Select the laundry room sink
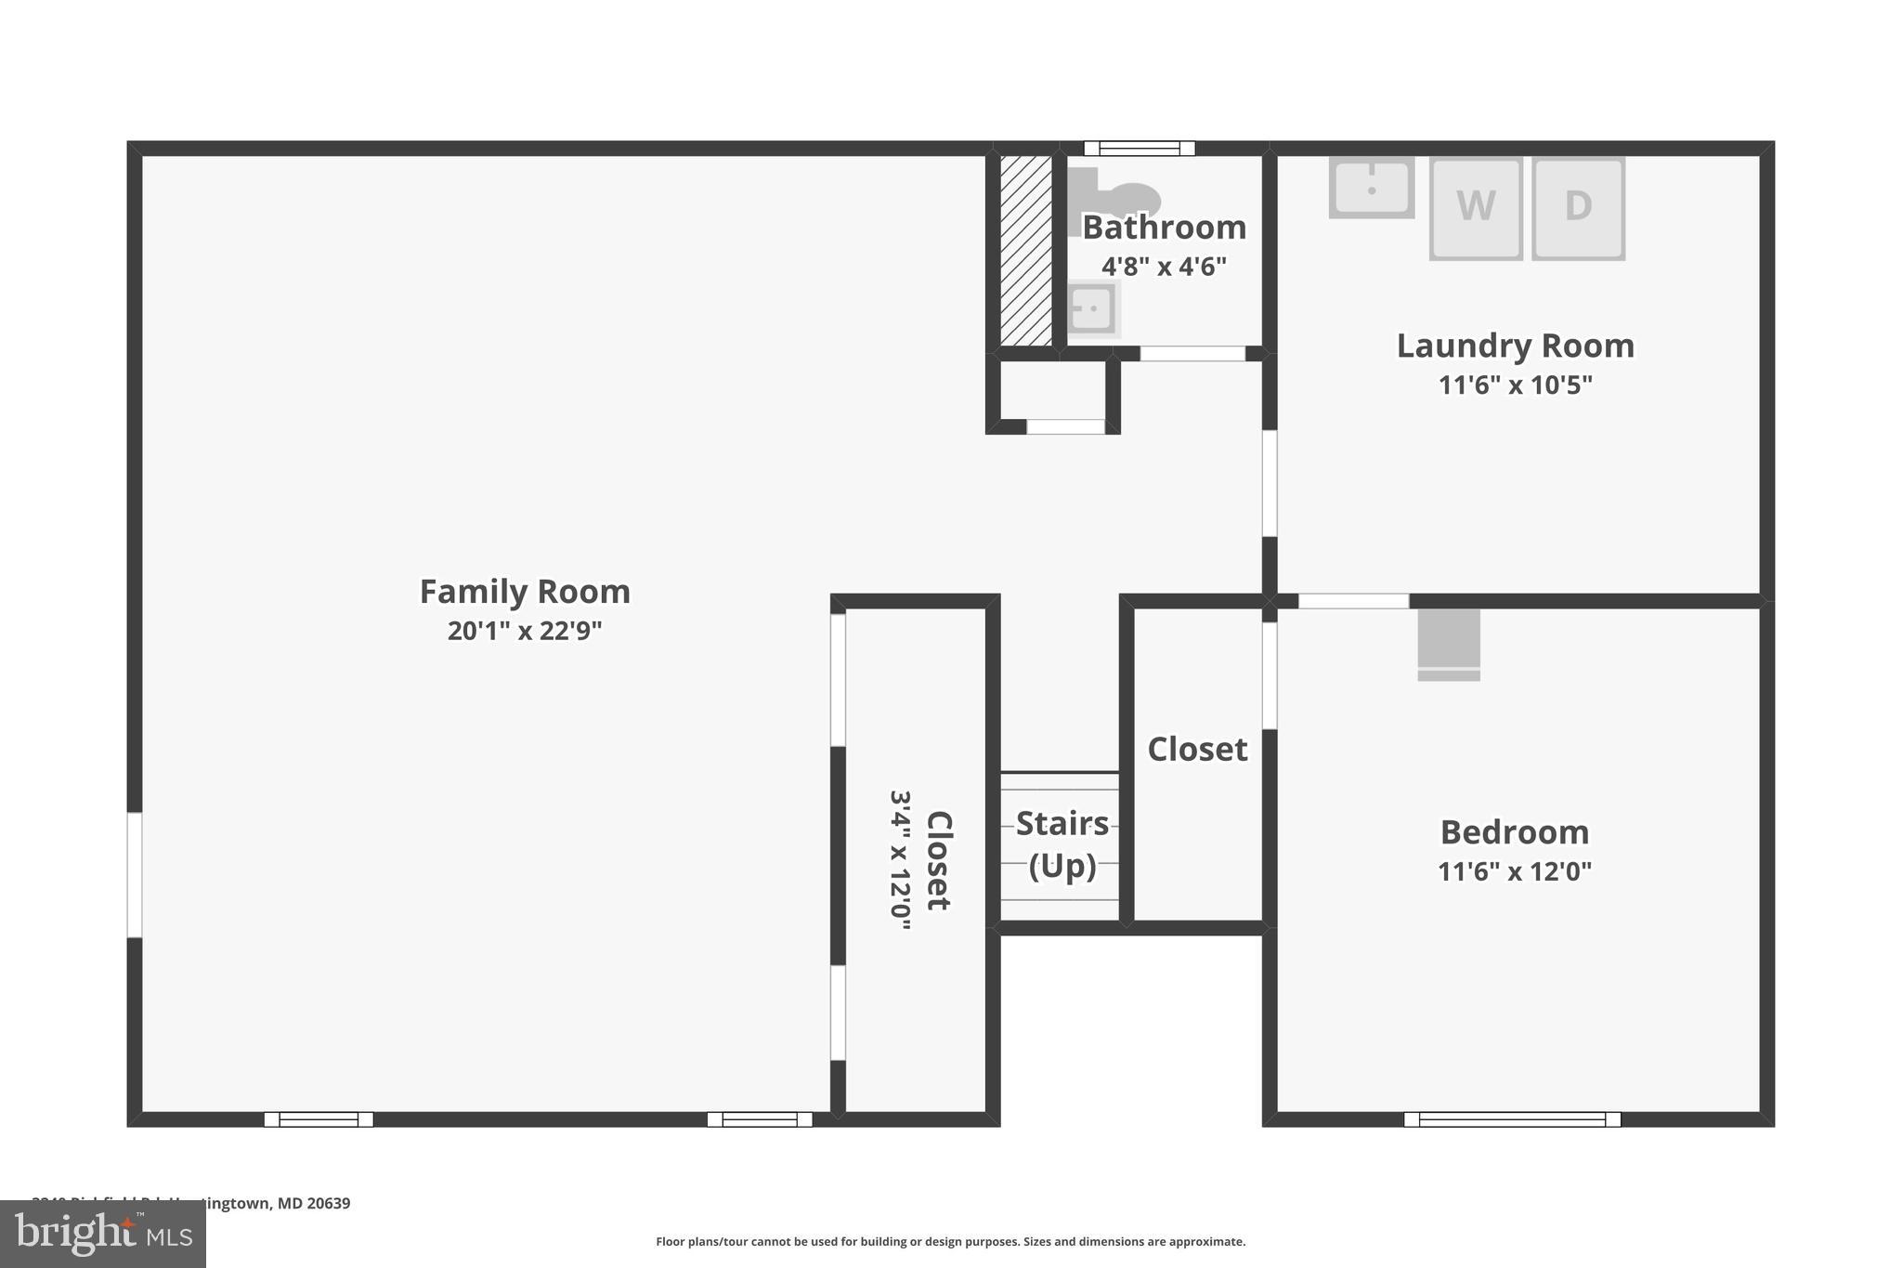tap(1371, 188)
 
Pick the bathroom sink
tap(1091, 307)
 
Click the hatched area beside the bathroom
tap(1025, 250)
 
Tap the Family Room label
tap(525, 592)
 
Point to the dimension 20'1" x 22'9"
tap(525, 631)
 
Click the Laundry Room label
tap(1515, 346)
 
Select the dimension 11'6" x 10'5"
tap(1515, 385)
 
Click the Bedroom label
tap(1514, 832)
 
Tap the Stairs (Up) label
tap(1062, 843)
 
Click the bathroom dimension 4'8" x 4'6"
tap(1164, 267)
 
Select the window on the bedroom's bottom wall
tap(1511, 1118)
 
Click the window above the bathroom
tap(1139, 149)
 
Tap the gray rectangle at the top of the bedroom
tap(1448, 644)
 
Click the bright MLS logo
tap(102, 1234)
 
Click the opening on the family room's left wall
tap(135, 874)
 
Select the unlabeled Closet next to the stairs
tap(1197, 750)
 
